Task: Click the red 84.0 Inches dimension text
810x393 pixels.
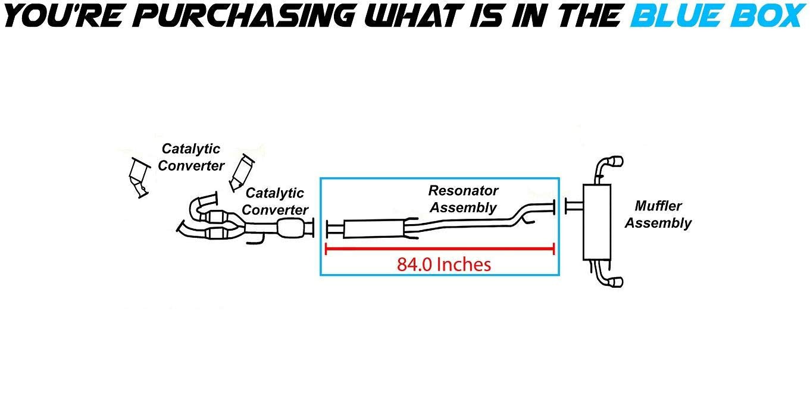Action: pyautogui.click(x=444, y=264)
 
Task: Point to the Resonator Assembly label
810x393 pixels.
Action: pyautogui.click(x=463, y=199)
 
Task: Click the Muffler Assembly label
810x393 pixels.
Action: pyautogui.click(x=658, y=215)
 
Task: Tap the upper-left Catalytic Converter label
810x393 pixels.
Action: pyautogui.click(x=191, y=157)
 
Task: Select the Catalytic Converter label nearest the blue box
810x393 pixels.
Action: pyautogui.click(x=275, y=201)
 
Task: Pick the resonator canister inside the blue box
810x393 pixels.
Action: pyautogui.click(x=374, y=229)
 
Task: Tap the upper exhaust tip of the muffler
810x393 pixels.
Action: pyautogui.click(x=615, y=162)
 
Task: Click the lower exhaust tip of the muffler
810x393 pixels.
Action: pyautogui.click(x=615, y=281)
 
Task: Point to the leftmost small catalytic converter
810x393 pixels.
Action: pyautogui.click(x=139, y=176)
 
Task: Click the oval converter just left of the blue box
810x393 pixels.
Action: pyautogui.click(x=290, y=228)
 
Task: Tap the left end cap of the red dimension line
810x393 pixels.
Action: pyautogui.click(x=326, y=249)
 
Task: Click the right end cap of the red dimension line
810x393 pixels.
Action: pyautogui.click(x=554, y=249)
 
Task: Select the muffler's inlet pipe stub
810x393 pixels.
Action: pyautogui.click(x=574, y=206)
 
